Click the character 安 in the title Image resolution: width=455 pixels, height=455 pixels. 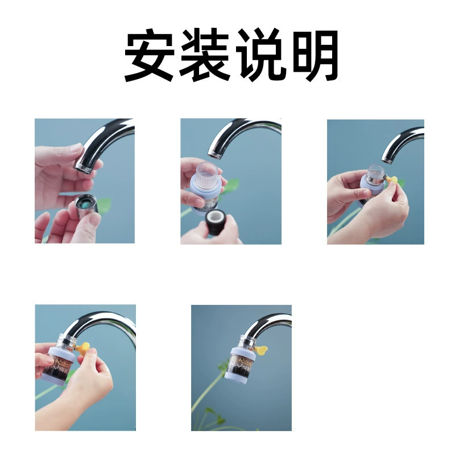[x=149, y=55]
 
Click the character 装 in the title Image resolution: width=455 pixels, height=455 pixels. [x=205, y=55]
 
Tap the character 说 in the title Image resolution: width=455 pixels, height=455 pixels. [x=261, y=55]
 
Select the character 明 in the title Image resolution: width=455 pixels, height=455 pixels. [x=316, y=55]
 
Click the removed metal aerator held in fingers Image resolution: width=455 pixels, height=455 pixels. [x=86, y=205]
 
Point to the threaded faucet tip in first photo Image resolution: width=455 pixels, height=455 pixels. [x=83, y=168]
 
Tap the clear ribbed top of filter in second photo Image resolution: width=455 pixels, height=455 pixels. [x=206, y=175]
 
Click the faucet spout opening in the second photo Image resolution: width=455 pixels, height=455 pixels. [x=214, y=154]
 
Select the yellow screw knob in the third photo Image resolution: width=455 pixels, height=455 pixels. [x=391, y=180]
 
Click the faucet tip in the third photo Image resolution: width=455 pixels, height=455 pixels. [x=387, y=160]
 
